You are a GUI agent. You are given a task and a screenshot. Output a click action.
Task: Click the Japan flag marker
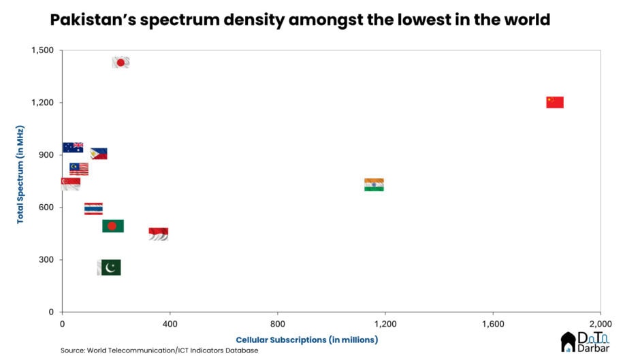click(x=121, y=63)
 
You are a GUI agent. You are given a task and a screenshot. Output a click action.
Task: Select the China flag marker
click(x=554, y=103)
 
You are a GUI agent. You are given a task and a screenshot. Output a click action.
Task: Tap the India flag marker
click(x=374, y=184)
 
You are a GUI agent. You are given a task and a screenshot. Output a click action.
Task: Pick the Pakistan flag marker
click(x=109, y=267)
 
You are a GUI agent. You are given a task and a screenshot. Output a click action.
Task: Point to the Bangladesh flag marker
click(x=112, y=226)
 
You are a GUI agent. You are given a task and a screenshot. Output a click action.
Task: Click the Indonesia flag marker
click(x=158, y=234)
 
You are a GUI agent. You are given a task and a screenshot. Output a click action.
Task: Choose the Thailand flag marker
click(x=93, y=209)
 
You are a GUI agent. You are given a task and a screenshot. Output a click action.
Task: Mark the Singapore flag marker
click(x=70, y=184)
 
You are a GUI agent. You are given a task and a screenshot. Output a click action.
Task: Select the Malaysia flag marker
click(x=78, y=169)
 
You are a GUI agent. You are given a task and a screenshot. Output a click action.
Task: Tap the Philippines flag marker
click(x=99, y=154)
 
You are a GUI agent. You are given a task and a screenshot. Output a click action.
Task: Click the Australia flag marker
click(x=73, y=148)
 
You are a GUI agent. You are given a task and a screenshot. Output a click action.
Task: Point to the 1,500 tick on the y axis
click(x=45, y=51)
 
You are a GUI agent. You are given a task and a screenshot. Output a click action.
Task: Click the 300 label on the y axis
click(x=48, y=260)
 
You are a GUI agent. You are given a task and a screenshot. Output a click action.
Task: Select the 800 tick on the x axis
click(x=277, y=323)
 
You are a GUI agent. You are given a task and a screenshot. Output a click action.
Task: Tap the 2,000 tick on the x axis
click(x=599, y=323)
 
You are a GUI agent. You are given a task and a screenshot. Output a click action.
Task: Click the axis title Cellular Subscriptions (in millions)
click(x=306, y=340)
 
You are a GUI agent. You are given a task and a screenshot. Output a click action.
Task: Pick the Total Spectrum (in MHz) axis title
click(x=21, y=175)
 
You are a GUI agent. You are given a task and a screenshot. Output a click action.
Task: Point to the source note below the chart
click(x=159, y=350)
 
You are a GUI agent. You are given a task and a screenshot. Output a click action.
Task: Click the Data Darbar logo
click(x=586, y=342)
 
